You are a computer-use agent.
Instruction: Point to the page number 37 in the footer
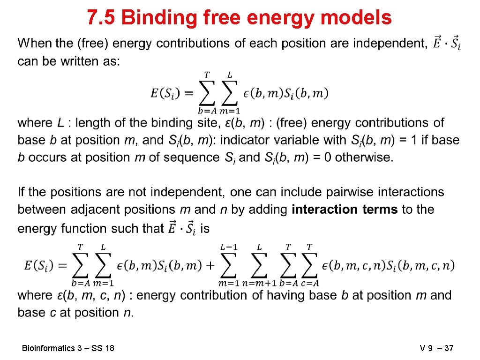click(x=449, y=348)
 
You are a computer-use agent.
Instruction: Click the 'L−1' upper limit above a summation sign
click(x=229, y=247)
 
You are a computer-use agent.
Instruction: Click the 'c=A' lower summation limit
click(x=310, y=283)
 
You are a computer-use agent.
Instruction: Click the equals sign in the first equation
click(x=187, y=93)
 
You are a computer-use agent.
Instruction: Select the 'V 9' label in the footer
click(x=427, y=348)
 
